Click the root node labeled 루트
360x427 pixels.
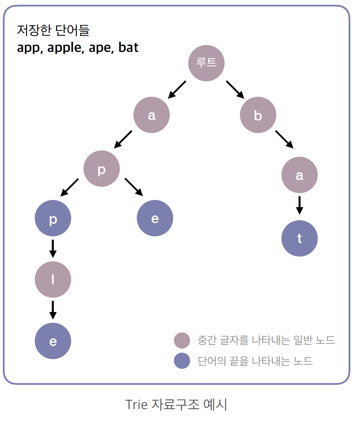[206, 63]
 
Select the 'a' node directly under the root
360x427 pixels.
[151, 115]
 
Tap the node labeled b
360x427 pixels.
[258, 115]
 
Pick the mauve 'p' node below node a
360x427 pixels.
[102, 169]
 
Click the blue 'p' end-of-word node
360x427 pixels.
[53, 218]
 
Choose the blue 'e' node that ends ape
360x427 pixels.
[155, 218]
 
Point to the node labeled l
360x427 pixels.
[53, 280]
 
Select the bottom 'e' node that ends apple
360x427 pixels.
[53, 341]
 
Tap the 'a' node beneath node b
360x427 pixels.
[299, 175]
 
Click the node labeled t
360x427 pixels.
[299, 238]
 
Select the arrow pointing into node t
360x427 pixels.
[299, 205]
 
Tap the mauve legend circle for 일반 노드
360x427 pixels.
[182, 340]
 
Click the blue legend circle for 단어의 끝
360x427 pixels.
[182, 361]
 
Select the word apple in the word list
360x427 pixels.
[65, 48]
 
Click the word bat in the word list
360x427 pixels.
[128, 48]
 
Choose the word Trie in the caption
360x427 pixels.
[136, 405]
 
